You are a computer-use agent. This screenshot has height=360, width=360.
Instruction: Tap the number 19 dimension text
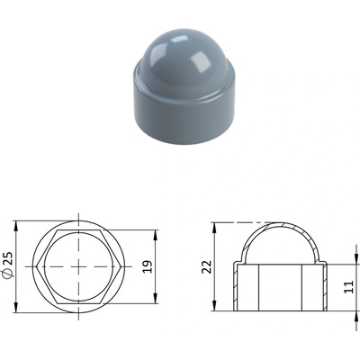coord(148,266)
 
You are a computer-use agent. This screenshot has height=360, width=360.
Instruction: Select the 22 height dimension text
coord(207,266)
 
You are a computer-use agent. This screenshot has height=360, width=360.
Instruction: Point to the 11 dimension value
coord(349,287)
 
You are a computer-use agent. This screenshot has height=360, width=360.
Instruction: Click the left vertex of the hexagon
coord(36,266)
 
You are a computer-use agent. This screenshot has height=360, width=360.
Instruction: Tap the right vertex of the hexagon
coord(121,266)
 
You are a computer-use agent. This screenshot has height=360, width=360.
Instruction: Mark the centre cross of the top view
coord(78,266)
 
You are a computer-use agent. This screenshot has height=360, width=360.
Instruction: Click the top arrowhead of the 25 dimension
coord(16,226)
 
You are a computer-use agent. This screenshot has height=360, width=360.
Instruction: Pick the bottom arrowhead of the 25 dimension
coord(16,308)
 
